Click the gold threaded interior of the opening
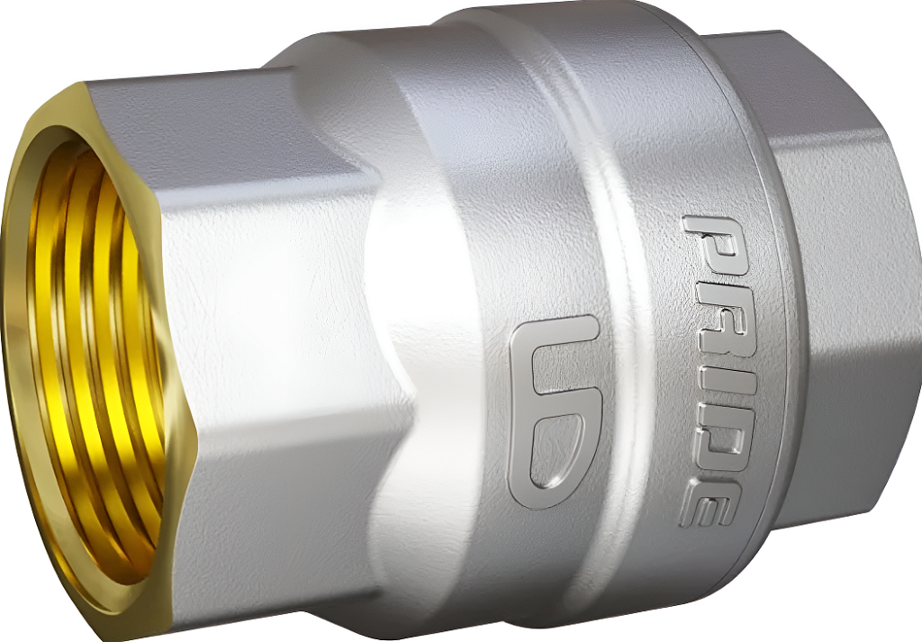(94, 365)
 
